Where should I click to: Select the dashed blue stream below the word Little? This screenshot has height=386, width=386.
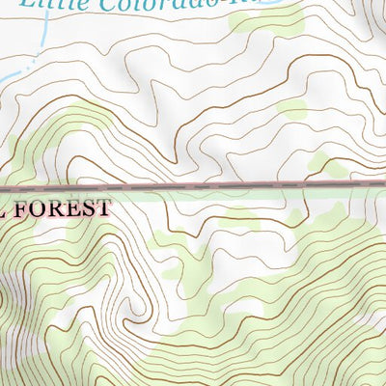pyautogui.click(x=43, y=39)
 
